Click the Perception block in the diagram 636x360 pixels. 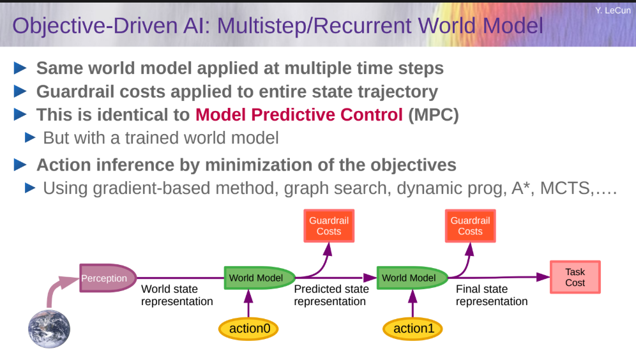coord(107,278)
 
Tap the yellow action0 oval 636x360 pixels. coord(248,328)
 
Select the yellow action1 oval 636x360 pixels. coord(413,328)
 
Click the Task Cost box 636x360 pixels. coord(575,277)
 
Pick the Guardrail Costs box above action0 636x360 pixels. coord(329,226)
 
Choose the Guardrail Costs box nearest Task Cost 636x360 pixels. coord(470,226)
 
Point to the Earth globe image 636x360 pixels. coord(49,329)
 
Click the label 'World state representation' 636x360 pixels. coord(177,295)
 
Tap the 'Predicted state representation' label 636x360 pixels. coord(331,295)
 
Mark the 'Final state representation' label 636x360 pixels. coord(492,295)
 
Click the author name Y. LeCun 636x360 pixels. coord(613,11)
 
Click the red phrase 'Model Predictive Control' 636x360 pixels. coord(299,115)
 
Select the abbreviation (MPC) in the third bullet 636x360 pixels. coord(433,115)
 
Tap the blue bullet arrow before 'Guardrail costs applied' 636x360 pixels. coord(20,91)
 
